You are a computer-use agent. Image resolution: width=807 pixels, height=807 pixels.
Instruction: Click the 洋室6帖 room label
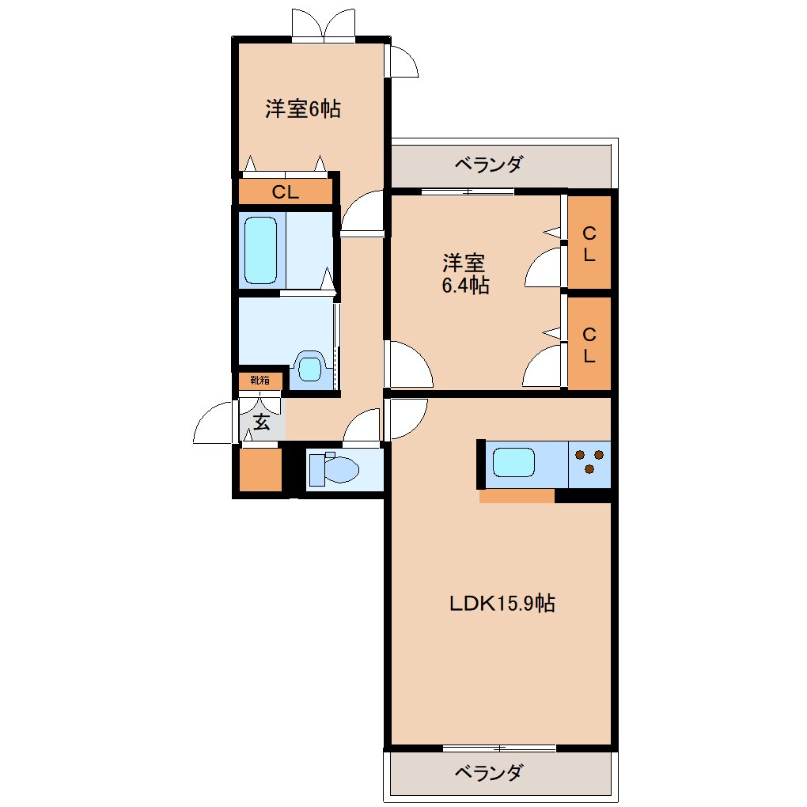(x=303, y=109)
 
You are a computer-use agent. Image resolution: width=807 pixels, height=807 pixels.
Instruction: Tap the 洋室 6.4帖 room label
(x=464, y=274)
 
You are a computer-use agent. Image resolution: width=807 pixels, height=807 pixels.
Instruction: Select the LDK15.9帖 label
(x=502, y=603)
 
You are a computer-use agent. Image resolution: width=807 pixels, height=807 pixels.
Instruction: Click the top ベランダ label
(x=488, y=165)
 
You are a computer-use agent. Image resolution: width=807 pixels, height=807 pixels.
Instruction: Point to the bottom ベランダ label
(x=488, y=772)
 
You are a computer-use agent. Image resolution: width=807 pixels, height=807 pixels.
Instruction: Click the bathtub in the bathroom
(x=260, y=249)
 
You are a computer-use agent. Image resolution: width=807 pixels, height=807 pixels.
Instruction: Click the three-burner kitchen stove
(x=589, y=463)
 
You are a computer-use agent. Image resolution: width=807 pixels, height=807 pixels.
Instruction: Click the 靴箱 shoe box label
(x=260, y=381)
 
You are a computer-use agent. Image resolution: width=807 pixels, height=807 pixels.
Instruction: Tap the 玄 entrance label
(x=261, y=422)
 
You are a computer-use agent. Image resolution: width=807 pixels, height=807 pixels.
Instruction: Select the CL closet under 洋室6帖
(x=286, y=191)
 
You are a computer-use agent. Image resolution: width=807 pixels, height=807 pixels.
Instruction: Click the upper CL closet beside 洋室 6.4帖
(x=589, y=243)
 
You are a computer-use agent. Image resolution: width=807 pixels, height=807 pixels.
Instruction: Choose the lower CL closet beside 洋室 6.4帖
(x=589, y=344)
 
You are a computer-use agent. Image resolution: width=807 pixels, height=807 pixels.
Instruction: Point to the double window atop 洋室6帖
(x=324, y=26)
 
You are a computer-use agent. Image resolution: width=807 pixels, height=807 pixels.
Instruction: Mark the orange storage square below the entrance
(x=260, y=470)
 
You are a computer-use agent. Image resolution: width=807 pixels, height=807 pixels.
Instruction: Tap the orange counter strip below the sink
(x=517, y=496)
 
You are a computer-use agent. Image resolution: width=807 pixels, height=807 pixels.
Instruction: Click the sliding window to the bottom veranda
(x=499, y=748)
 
